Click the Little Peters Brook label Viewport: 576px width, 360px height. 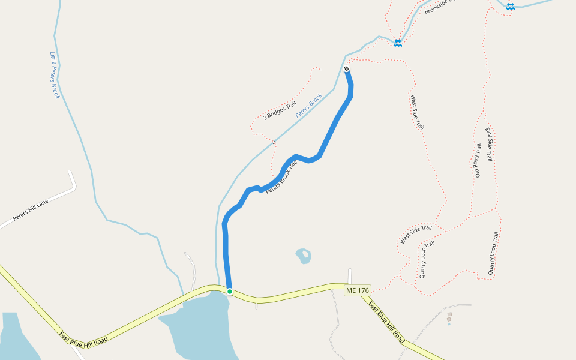coord(55,75)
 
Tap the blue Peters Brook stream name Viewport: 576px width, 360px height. coord(309,104)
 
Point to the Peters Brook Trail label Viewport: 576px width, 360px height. coord(281,177)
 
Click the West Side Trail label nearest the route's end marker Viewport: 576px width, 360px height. coord(418,112)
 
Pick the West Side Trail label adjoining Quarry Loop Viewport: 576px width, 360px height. coord(416,233)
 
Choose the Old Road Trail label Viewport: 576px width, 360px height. coord(478,160)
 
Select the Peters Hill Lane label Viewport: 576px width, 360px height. coord(31,210)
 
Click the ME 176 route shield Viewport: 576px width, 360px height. coord(358,290)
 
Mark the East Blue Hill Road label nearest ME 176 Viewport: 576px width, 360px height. coord(386,322)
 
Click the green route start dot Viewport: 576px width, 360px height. coord(230,291)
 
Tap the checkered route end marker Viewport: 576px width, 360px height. coord(347,69)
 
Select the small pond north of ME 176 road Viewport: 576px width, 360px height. coord(304,256)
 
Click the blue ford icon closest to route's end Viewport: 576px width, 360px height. coord(397,43)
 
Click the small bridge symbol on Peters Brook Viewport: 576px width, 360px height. coord(273,142)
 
